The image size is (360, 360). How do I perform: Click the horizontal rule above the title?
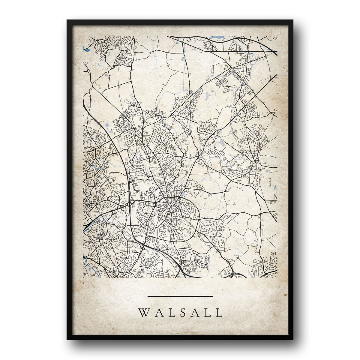tap(180, 296)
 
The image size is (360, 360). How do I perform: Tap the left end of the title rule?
tap(148, 296)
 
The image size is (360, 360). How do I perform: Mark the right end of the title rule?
tap(212, 296)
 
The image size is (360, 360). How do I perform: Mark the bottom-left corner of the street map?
tap(83, 277)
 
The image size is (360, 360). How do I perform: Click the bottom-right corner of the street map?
tap(277, 277)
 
